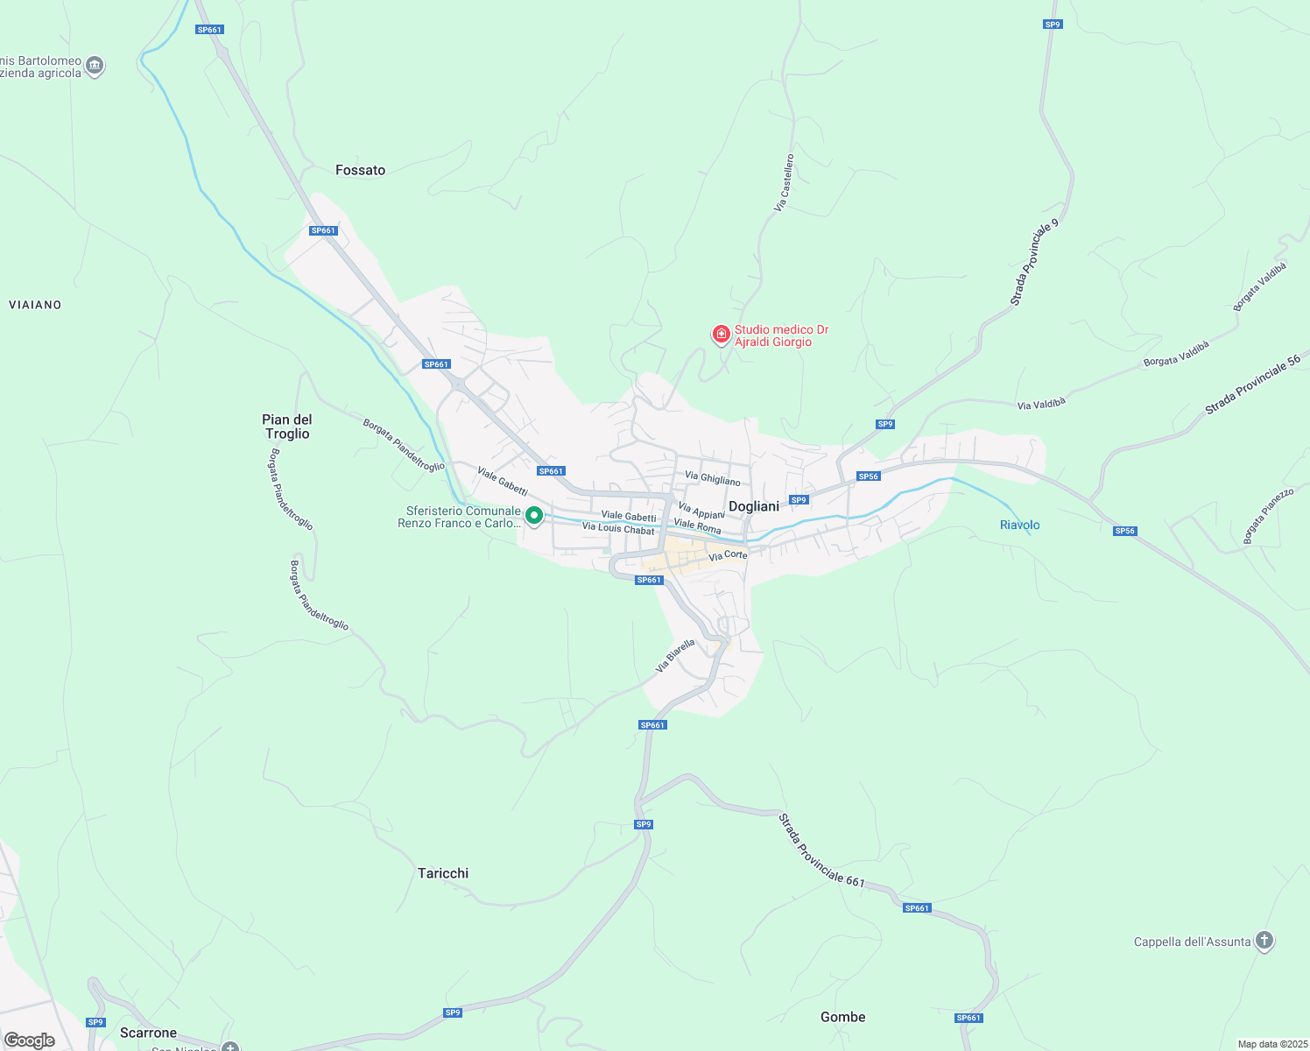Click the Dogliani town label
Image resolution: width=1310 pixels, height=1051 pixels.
click(753, 506)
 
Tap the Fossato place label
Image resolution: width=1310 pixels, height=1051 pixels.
click(360, 170)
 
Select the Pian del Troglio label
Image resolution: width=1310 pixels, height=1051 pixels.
click(287, 427)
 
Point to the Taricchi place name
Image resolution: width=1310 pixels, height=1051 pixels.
click(443, 873)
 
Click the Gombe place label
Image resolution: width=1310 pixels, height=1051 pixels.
click(842, 1017)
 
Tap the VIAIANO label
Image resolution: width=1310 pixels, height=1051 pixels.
click(35, 305)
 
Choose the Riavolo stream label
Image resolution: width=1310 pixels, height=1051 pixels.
click(1019, 525)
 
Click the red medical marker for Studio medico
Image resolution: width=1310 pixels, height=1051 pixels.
click(721, 334)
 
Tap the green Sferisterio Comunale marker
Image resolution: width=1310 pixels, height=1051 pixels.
click(534, 516)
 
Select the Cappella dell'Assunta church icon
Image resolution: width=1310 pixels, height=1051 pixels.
click(1264, 941)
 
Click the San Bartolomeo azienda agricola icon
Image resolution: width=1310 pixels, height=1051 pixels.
click(95, 65)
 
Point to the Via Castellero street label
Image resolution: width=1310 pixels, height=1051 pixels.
click(784, 182)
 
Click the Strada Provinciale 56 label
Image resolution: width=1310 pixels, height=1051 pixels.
click(1252, 384)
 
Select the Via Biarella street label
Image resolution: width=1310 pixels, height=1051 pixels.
click(675, 655)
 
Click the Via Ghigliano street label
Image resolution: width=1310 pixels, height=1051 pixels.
click(712, 478)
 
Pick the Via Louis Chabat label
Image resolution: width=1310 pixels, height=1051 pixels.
click(618, 528)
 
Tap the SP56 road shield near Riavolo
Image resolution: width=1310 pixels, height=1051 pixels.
click(1124, 531)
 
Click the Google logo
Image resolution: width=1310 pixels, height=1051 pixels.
click(30, 1040)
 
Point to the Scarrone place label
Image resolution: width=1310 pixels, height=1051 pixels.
click(148, 1033)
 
